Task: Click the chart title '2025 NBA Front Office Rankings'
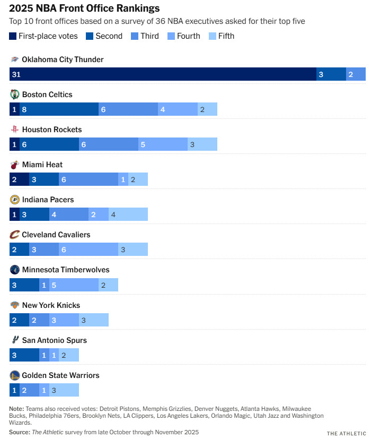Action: pos(84,8)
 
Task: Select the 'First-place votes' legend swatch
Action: pos(13,36)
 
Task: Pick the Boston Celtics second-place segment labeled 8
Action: pos(59,109)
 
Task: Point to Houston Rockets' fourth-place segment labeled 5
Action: pos(163,144)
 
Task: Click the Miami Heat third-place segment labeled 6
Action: pos(88,179)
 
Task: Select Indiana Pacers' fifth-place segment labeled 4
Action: pos(128,214)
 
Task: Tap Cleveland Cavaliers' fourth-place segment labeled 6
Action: pos(88,250)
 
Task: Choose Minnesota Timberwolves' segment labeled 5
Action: pos(74,285)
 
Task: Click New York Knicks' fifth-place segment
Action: pos(93,320)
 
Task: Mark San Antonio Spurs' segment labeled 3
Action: pos(24,355)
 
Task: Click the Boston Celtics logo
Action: pos(15,94)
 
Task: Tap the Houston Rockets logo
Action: pos(15,130)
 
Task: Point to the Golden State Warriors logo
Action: pos(15,375)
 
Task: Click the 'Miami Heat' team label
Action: pos(42,165)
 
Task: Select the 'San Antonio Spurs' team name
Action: pos(54,340)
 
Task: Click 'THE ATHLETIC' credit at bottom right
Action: pos(346,434)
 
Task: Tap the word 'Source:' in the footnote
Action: pos(20,432)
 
